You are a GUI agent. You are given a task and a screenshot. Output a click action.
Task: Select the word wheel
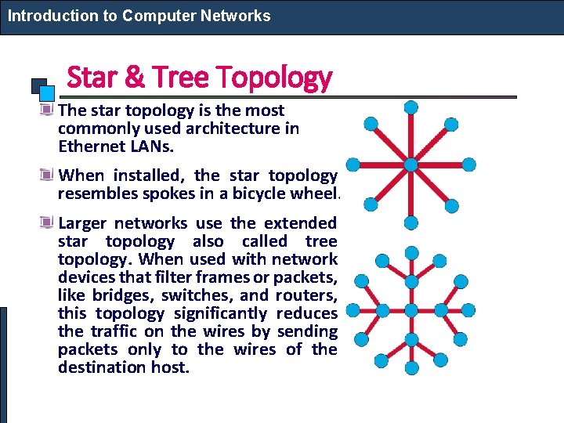point(314,193)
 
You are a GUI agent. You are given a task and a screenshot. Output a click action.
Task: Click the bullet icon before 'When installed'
point(48,175)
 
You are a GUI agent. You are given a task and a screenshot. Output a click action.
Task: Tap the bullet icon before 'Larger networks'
point(48,223)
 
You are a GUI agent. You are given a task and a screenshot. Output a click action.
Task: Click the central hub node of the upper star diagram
point(410,164)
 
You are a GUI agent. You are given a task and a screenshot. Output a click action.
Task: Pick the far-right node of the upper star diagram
point(468,164)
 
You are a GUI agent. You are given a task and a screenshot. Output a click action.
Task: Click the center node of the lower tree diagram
point(410,309)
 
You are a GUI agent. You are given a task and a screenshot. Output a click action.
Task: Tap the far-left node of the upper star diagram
point(353,164)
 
